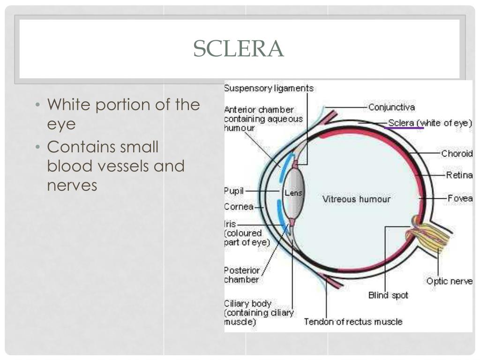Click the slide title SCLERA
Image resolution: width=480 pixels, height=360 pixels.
tap(239, 49)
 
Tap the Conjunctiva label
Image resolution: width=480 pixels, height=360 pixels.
tap(391, 107)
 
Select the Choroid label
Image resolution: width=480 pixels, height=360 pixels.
tap(457, 153)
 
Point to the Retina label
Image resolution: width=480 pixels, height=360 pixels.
tap(459, 175)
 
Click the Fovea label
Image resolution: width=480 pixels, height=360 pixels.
tap(460, 198)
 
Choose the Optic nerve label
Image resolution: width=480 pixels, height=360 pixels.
tap(450, 281)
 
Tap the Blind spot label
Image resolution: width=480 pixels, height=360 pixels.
tap(388, 295)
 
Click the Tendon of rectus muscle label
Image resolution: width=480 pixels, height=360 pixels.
tap(353, 322)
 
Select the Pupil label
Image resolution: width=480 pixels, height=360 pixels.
tap(234, 191)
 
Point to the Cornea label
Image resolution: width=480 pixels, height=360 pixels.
tap(239, 207)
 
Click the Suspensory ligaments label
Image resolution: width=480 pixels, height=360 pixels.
tap(269, 88)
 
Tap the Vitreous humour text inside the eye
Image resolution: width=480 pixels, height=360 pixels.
tap(356, 199)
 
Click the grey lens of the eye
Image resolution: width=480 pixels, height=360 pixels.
tap(294, 193)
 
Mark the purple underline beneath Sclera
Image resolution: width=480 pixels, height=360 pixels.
tap(404, 127)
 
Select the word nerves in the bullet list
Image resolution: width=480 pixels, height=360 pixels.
tap(72, 185)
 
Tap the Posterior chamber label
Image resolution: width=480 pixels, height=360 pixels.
tap(241, 275)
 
